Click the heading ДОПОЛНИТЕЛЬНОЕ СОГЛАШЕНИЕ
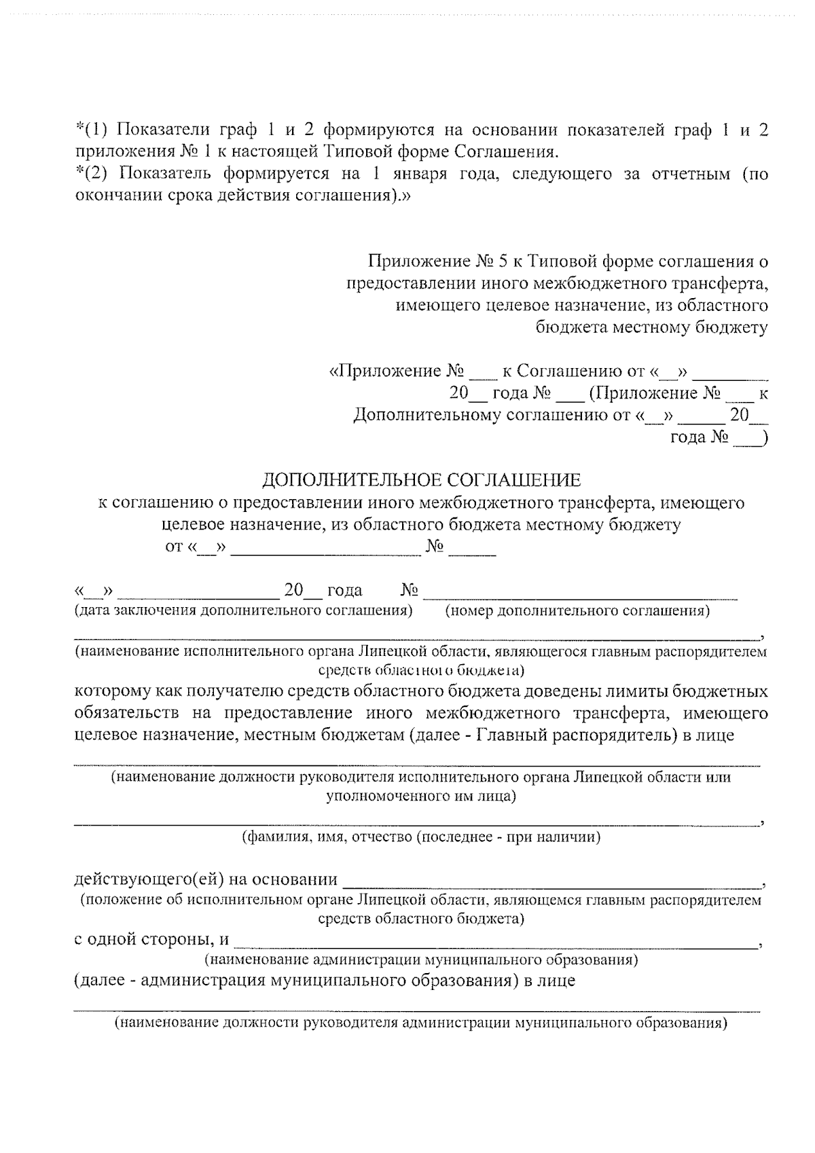click(x=422, y=481)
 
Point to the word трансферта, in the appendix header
click(x=725, y=282)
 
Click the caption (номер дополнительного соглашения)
click(x=577, y=610)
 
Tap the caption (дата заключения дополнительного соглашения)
click(x=243, y=610)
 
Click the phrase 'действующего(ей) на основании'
click(x=206, y=880)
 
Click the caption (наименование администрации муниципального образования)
click(x=421, y=960)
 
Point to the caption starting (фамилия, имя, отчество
click(x=421, y=837)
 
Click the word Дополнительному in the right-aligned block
click(x=428, y=415)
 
